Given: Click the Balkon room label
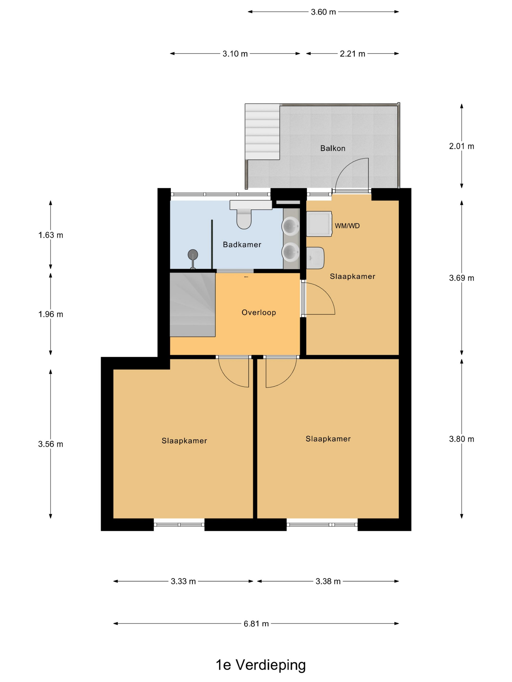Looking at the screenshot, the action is [x=332, y=148].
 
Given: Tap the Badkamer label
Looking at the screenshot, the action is [x=242, y=245].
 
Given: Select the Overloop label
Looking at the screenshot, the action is [x=259, y=312].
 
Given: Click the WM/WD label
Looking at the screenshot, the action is [x=347, y=226].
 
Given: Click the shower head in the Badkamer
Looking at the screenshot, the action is [x=193, y=255].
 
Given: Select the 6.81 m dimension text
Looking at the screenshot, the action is [x=256, y=623].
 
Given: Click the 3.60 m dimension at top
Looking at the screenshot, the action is [x=323, y=12].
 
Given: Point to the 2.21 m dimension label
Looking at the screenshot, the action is [x=353, y=54].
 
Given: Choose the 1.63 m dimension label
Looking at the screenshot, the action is [x=51, y=235].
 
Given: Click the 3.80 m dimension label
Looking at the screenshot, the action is [x=461, y=439].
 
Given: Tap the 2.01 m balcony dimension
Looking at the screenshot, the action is [x=461, y=146].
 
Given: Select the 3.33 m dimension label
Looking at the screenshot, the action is [x=183, y=581].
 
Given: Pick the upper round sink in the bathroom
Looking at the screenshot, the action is [x=290, y=225].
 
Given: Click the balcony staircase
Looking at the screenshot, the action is [x=262, y=132].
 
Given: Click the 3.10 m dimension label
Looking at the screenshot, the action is [x=235, y=54].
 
